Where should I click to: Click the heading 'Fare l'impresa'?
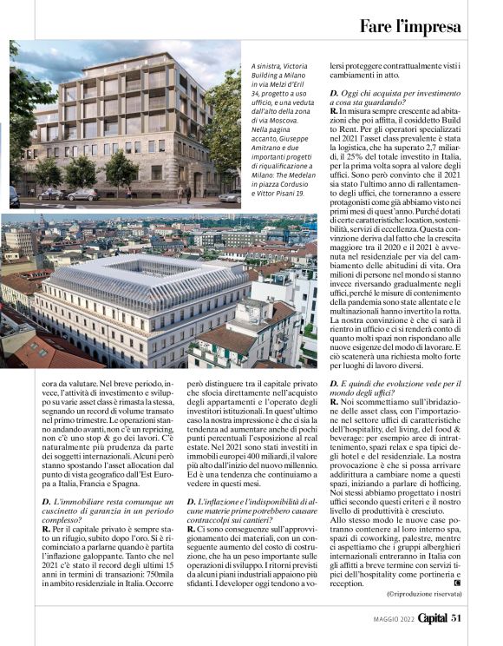coord(410,25)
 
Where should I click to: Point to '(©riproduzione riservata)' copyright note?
coord(423,593)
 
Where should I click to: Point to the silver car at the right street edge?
coord(228,197)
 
